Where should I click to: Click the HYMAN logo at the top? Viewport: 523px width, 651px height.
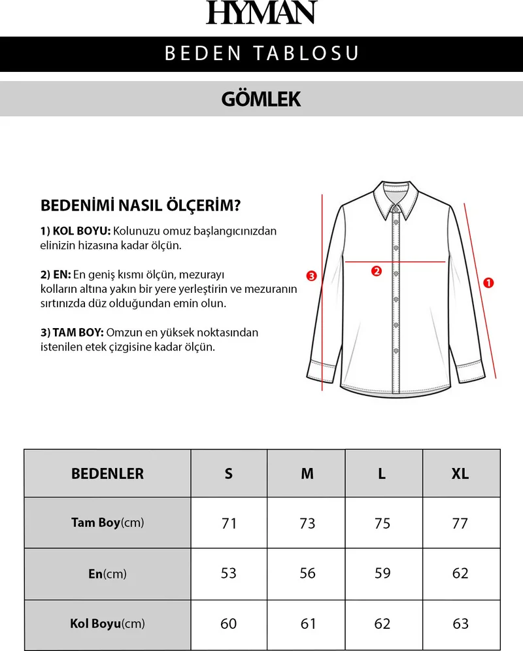pos(261,13)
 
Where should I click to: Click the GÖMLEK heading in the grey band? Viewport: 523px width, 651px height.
pos(261,99)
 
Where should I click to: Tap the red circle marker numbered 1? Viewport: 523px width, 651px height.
pos(488,283)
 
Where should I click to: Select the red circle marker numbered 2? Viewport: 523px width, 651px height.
pos(376,271)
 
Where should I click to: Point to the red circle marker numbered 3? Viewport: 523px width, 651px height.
pos(312,276)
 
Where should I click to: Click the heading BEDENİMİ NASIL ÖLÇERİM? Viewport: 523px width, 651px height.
pos(141,206)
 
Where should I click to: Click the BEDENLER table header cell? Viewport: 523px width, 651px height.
pos(107,474)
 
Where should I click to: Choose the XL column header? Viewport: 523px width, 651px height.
pos(460,474)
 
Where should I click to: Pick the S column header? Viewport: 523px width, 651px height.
pos(229,474)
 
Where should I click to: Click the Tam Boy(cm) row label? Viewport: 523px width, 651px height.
pos(107,523)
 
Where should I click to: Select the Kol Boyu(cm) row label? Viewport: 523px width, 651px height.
pos(107,624)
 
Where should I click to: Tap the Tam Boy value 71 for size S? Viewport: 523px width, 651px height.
pos(229,524)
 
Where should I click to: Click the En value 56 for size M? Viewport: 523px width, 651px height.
pos(307,573)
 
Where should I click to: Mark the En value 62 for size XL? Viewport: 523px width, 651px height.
pos(460,573)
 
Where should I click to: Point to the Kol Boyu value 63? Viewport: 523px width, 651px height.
pos(460,624)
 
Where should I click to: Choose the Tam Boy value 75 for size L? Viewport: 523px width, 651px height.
pos(382,524)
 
